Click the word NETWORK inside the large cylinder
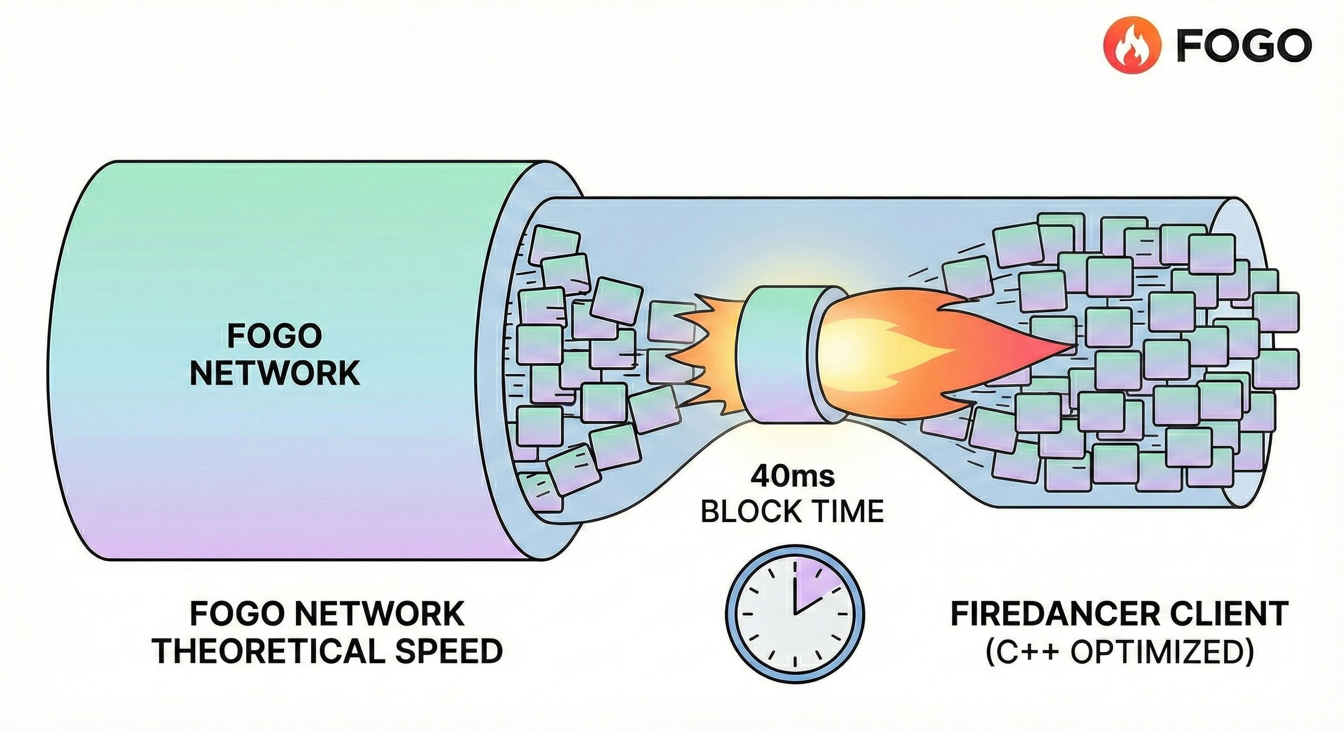coord(275,374)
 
